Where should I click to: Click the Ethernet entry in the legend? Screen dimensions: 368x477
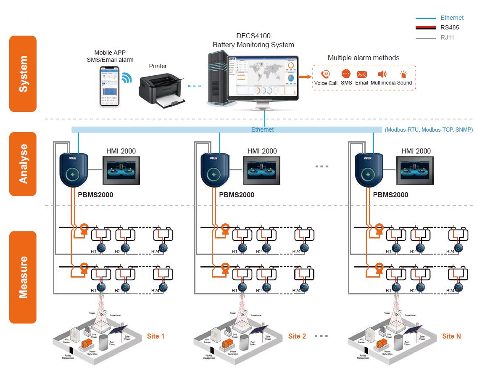click(452, 18)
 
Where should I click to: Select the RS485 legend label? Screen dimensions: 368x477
click(450, 28)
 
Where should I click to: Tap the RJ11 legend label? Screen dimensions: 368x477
click(447, 37)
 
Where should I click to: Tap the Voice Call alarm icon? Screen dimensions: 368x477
click(325, 74)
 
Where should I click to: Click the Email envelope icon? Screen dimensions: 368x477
click(361, 74)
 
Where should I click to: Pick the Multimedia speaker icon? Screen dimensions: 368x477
click(382, 74)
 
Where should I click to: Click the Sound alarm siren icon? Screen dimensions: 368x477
click(404, 75)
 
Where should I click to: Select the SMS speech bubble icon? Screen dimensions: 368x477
click(346, 74)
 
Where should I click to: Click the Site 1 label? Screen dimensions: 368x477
click(155, 336)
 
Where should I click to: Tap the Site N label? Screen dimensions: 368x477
click(451, 336)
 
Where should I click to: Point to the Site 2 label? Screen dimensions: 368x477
click(297, 336)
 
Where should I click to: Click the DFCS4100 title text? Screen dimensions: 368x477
click(253, 37)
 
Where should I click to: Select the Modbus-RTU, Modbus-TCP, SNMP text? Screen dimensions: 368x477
click(429, 130)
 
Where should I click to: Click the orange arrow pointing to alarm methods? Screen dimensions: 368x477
click(306, 77)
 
